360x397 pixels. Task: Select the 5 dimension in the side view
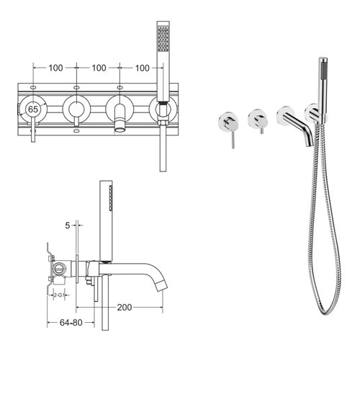(66, 225)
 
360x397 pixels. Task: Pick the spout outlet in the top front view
(118, 128)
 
